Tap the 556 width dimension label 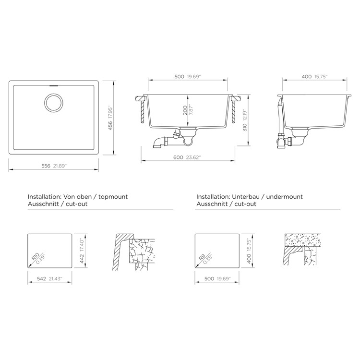(46, 166)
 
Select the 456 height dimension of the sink (110, 126)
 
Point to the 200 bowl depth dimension (185, 110)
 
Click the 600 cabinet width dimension (178, 157)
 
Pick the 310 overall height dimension (245, 127)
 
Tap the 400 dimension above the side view (307, 77)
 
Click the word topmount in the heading (113, 197)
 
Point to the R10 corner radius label (35, 256)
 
